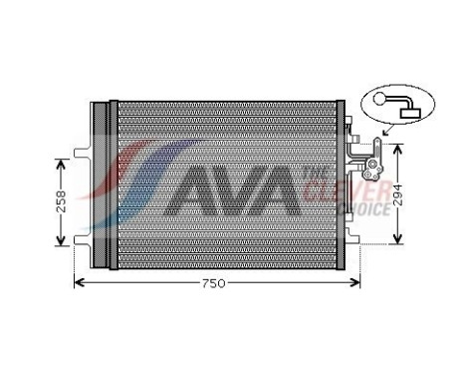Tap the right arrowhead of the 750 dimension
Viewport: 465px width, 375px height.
[x=354, y=283]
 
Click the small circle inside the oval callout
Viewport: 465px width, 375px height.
[x=384, y=98]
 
